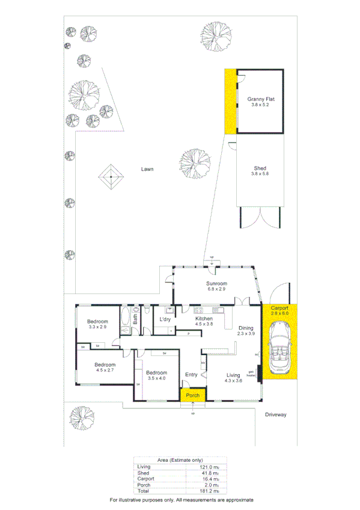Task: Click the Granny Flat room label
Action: pos(261,100)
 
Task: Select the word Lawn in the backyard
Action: pos(147,169)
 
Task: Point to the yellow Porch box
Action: pos(192,395)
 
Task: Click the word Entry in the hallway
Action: pos(191,375)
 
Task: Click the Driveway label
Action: pos(277,414)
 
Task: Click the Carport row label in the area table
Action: pos(145,478)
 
